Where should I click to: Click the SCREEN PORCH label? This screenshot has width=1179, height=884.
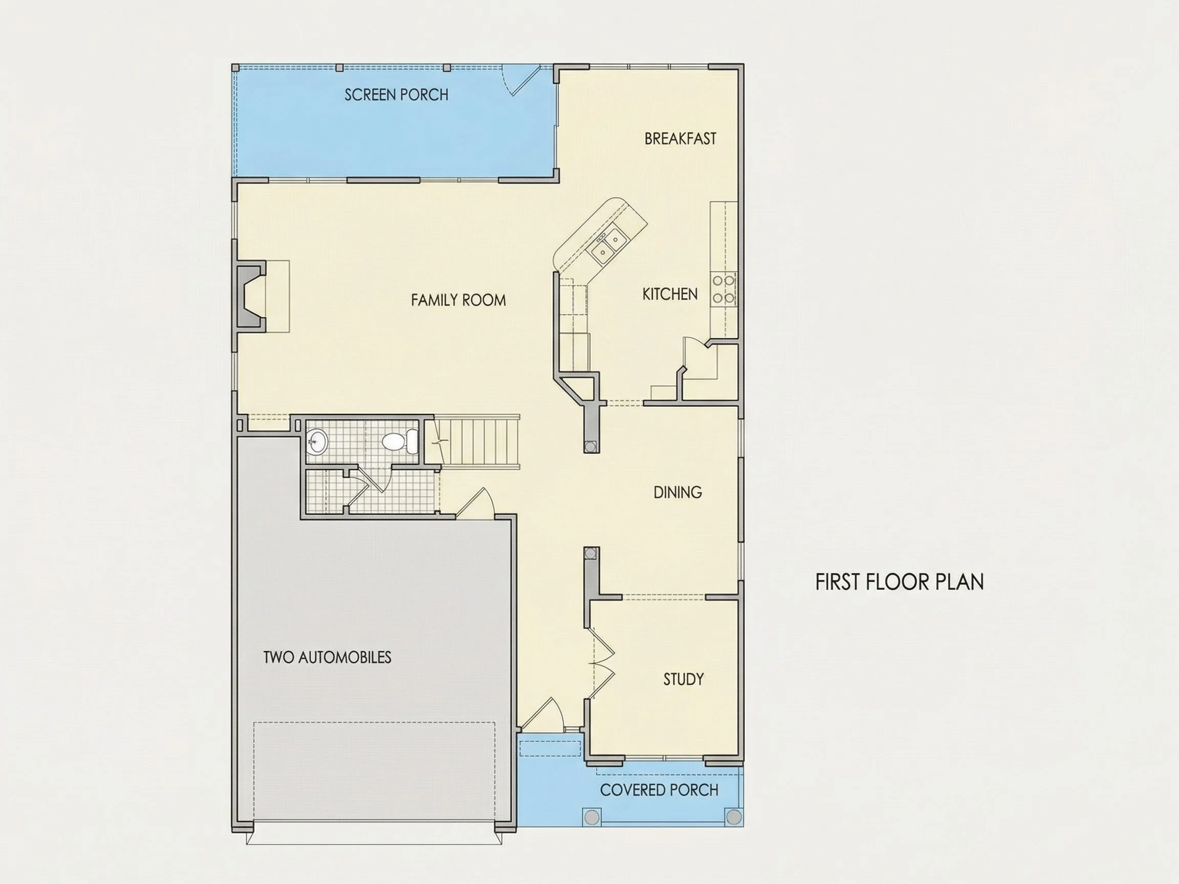[396, 95]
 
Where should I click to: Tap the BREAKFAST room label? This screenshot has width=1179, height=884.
[680, 139]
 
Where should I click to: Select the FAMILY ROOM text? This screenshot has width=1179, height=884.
[458, 300]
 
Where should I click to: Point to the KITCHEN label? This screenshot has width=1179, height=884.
[670, 294]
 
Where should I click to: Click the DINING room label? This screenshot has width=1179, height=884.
[678, 492]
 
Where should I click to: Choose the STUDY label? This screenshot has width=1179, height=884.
[683, 679]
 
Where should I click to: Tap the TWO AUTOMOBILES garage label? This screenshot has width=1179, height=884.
[327, 657]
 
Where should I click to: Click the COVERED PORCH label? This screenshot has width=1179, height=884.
[659, 790]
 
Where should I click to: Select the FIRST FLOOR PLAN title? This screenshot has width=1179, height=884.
[900, 582]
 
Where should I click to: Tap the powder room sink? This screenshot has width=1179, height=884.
[318, 441]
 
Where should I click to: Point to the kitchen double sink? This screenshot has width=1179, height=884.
[608, 247]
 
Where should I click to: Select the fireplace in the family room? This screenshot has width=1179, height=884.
[251, 296]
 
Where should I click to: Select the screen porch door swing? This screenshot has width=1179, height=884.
[522, 80]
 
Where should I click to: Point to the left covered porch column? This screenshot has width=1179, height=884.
[592, 817]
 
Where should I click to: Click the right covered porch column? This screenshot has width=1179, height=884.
[734, 817]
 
